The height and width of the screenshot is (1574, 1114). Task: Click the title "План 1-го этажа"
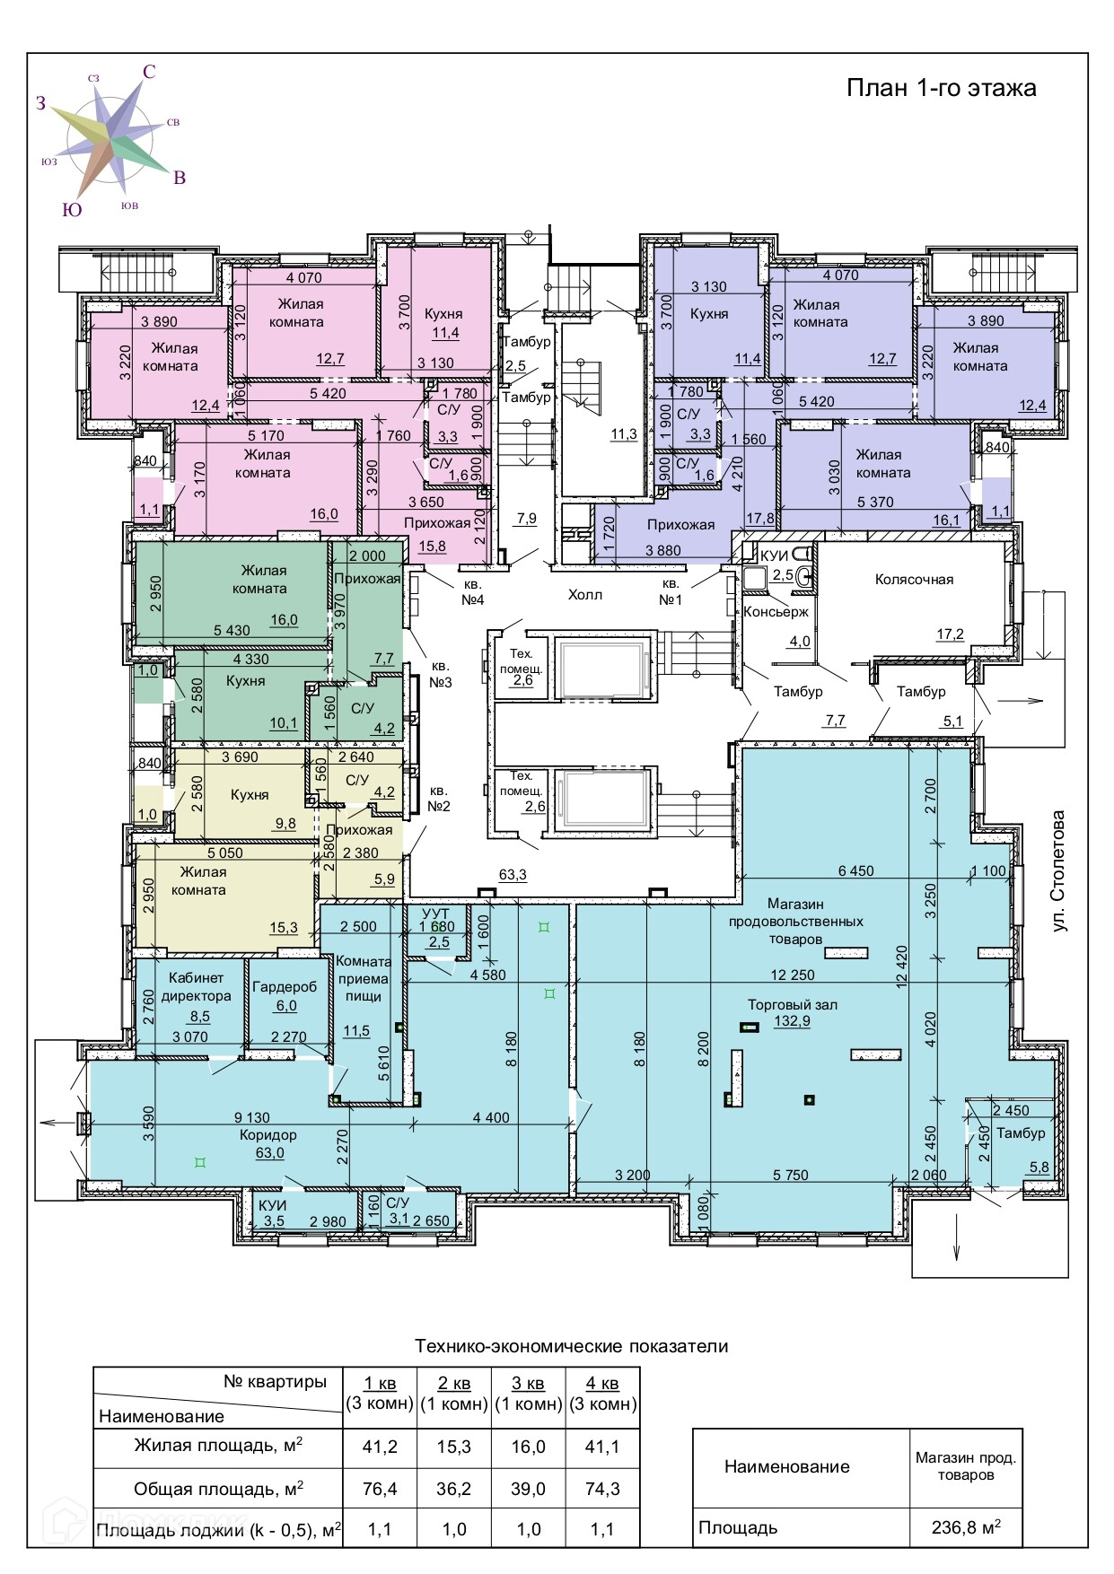(942, 88)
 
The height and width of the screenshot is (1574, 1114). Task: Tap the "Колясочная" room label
(914, 580)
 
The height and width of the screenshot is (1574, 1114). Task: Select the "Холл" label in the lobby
(585, 595)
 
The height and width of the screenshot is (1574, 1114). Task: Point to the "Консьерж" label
(776, 612)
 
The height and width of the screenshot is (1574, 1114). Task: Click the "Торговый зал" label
(793, 1005)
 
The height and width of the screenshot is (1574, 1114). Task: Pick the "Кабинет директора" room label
(196, 987)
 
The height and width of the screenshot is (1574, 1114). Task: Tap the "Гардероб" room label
(285, 987)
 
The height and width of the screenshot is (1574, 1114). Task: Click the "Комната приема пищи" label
(364, 979)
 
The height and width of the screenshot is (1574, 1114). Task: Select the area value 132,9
(793, 1021)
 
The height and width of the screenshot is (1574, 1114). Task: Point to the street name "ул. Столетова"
(1059, 871)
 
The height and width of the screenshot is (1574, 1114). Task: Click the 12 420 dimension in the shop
(901, 966)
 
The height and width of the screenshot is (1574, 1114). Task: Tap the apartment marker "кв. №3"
(440, 675)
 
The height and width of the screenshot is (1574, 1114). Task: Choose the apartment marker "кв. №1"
(671, 592)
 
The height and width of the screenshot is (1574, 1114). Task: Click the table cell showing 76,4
(380, 1489)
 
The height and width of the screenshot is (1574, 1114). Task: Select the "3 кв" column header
(528, 1383)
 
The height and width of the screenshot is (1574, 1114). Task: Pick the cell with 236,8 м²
(966, 1526)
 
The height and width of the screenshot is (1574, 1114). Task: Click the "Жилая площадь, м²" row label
(218, 1445)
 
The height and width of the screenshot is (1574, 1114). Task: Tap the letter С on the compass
(149, 72)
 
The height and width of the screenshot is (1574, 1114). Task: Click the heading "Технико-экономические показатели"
(572, 1346)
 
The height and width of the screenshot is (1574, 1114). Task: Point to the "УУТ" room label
(435, 914)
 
